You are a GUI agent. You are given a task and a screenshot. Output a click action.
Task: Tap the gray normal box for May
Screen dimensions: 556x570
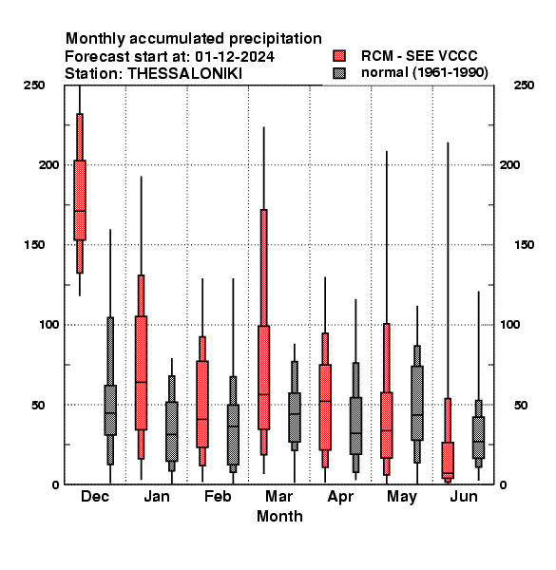(x=417, y=403)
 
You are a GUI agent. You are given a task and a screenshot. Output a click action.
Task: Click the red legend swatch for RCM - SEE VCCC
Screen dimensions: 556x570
(x=339, y=56)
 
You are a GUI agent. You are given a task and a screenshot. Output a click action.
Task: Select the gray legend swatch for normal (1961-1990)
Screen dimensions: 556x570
(x=339, y=73)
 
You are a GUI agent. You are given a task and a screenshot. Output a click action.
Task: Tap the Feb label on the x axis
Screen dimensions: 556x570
(x=218, y=496)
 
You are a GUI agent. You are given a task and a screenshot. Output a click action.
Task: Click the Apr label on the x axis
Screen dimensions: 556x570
(x=340, y=497)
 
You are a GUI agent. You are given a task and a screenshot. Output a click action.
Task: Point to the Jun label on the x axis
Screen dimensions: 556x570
(x=464, y=496)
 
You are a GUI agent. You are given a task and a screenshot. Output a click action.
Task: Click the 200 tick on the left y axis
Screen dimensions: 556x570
(x=48, y=164)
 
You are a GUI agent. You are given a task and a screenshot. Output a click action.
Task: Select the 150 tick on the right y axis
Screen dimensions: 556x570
(x=524, y=245)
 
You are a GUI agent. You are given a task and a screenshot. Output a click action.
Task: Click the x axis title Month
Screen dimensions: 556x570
(x=279, y=516)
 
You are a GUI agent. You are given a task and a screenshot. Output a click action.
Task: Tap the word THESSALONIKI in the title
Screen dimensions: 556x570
(x=184, y=74)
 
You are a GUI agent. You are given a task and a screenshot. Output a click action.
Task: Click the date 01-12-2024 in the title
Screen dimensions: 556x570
(x=235, y=56)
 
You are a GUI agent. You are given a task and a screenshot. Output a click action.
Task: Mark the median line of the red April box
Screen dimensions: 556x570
(x=325, y=401)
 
